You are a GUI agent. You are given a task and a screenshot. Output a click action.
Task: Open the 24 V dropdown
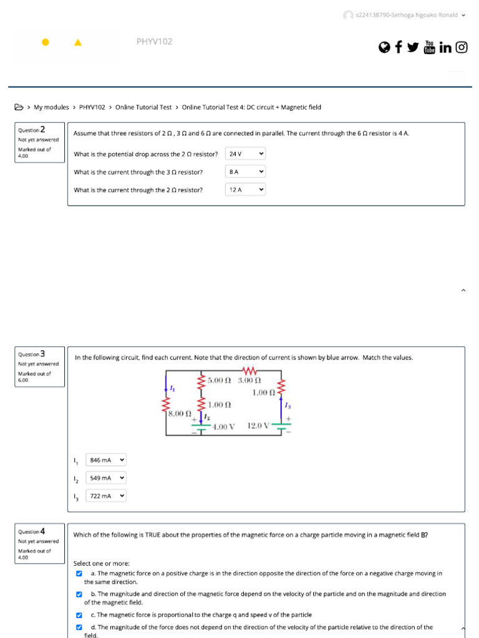pos(245,154)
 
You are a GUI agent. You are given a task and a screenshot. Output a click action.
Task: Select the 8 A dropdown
pos(245,171)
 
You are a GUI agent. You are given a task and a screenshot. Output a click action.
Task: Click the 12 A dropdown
pos(245,189)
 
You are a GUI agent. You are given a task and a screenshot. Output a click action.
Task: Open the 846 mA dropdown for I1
pos(107,460)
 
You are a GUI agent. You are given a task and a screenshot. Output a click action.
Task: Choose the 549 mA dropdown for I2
pos(107,478)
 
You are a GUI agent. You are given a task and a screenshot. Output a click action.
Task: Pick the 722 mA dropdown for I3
pos(107,496)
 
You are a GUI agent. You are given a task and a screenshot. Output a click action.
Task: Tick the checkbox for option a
pos(79,573)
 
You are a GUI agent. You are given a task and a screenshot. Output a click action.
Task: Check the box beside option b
pos(79,594)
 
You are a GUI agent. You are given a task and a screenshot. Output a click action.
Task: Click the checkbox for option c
pos(79,615)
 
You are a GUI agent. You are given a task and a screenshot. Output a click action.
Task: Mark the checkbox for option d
pos(79,627)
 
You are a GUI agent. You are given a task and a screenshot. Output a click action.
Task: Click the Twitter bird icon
pos(413,47)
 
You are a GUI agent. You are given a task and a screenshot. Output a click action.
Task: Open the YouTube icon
pos(429,47)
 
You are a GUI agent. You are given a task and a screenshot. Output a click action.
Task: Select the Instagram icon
pos(462,47)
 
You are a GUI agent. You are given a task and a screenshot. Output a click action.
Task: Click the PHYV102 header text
pos(154,42)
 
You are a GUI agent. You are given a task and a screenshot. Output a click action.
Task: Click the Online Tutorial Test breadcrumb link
pos(143,107)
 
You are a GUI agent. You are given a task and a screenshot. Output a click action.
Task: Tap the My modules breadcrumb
pos(51,107)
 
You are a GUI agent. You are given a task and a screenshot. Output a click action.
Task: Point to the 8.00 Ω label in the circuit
pos(178,413)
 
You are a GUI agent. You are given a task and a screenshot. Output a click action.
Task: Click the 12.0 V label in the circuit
pos(259,426)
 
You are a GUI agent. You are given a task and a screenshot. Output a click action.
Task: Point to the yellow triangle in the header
pos(77,42)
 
